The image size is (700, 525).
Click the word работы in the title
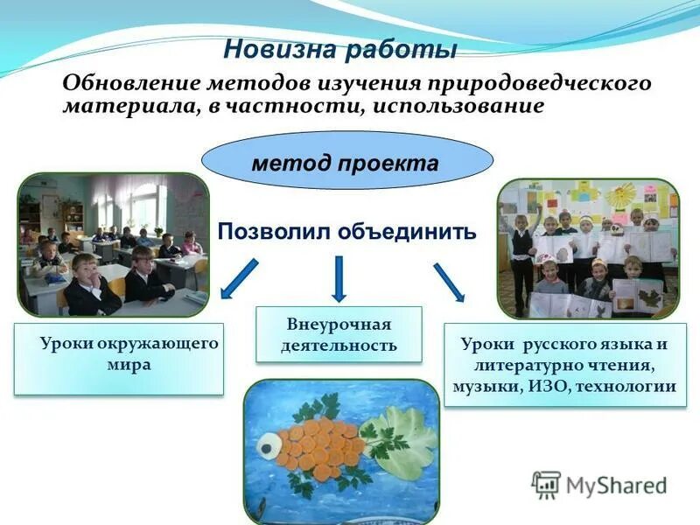click(401, 49)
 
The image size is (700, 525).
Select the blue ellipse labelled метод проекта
click(346, 160)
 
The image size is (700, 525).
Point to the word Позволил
click(275, 231)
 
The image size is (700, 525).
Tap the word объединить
click(406, 231)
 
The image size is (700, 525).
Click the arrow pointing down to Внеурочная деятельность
click(339, 278)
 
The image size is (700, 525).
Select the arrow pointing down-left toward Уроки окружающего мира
click(239, 278)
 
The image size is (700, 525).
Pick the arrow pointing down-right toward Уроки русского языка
click(449, 282)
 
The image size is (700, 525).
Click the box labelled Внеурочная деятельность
click(339, 334)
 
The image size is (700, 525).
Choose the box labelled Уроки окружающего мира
click(119, 359)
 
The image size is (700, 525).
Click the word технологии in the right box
click(626, 386)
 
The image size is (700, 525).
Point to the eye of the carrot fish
click(269, 445)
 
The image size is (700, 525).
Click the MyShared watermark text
click(616, 485)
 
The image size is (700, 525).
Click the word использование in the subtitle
click(458, 106)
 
